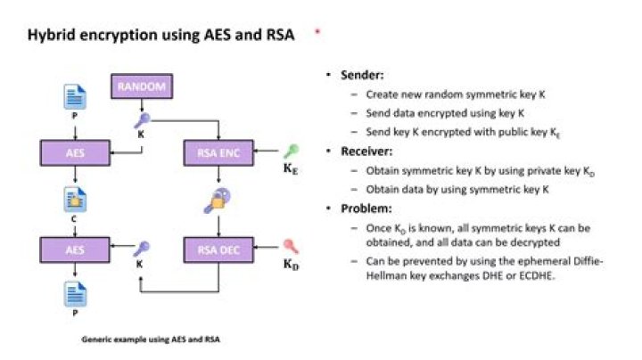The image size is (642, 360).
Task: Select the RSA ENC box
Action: click(219, 153)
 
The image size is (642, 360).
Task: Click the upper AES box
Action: click(73, 153)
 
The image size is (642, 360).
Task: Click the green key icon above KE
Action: click(291, 151)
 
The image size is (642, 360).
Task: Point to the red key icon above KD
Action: click(291, 245)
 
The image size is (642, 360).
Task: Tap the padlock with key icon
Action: click(218, 200)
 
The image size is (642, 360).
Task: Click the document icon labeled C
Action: click(73, 197)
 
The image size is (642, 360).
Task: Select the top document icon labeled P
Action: click(73, 98)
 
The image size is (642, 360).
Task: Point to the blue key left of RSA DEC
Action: click(141, 249)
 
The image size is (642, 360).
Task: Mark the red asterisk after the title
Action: click(316, 33)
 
